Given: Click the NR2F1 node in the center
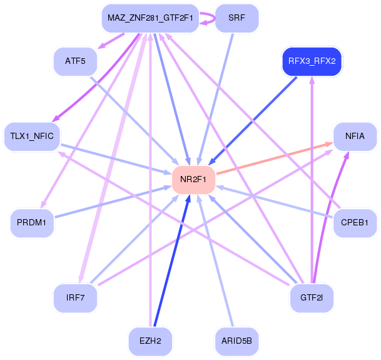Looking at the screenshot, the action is point(193,180).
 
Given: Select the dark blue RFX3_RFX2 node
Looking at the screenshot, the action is point(312,61).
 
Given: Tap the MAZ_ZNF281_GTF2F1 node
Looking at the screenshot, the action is point(150,18).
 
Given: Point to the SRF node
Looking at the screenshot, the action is point(236,18).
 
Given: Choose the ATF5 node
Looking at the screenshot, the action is point(75,61).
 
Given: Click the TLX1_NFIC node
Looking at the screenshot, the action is point(32,136).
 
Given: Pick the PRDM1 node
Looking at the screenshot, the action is point(32,223).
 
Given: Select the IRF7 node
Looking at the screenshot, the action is point(75,298).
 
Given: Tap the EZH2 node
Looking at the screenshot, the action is point(150,341).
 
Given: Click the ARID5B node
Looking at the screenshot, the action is point(236,341).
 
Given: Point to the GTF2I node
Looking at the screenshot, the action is point(312,298).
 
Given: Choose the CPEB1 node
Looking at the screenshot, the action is point(355,223).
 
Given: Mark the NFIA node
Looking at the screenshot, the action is point(355,136).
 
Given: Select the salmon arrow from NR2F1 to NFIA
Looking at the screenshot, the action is point(275,158).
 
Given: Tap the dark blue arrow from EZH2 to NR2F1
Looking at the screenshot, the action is point(172,260).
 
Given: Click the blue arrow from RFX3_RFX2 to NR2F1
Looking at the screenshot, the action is point(253,121).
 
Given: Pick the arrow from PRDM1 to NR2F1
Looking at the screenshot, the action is point(113,202).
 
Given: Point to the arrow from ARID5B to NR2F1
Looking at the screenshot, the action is point(215,260).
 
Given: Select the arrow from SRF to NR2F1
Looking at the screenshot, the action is point(216,100).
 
